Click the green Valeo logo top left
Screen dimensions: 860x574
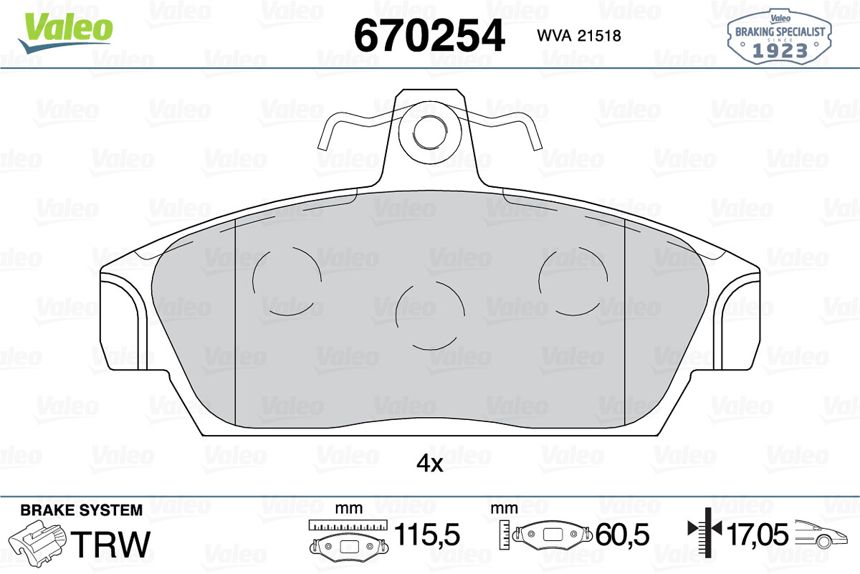(66, 32)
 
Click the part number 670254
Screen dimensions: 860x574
(429, 35)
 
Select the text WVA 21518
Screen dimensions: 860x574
(579, 36)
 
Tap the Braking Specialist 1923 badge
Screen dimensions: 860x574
(780, 37)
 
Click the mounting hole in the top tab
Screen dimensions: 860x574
(430, 132)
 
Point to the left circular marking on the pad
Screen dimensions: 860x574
(287, 281)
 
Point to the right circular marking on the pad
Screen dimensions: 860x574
(573, 281)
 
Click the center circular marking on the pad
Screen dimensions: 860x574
(430, 315)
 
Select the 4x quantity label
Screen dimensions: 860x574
(429, 464)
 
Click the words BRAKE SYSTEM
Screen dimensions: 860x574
(82, 510)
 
